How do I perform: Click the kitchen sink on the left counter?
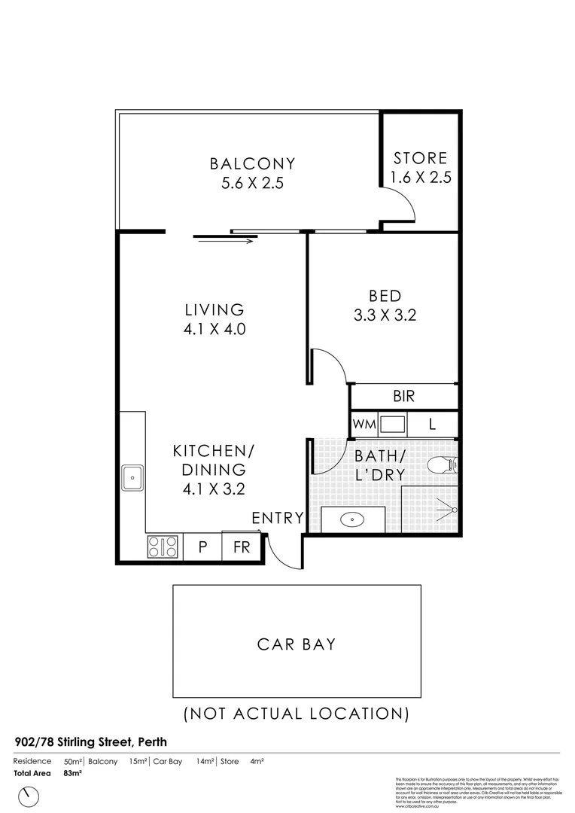(x=132, y=477)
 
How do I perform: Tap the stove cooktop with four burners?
(x=163, y=546)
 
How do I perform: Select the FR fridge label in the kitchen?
(x=241, y=547)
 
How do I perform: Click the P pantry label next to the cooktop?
(x=202, y=547)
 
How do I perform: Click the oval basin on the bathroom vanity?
(x=352, y=519)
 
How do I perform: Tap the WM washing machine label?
(x=364, y=425)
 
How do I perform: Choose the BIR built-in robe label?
(x=403, y=396)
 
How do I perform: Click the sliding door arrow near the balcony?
(x=225, y=241)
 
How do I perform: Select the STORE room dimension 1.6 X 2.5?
(x=419, y=178)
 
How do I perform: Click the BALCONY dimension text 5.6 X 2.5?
(x=252, y=183)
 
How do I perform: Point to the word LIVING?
(x=214, y=309)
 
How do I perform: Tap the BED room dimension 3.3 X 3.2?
(x=385, y=315)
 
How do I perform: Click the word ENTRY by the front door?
(x=277, y=518)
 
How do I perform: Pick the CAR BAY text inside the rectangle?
(x=297, y=644)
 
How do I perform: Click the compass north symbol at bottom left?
(x=31, y=795)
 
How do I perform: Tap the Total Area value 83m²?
(x=73, y=772)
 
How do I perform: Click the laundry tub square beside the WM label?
(x=393, y=424)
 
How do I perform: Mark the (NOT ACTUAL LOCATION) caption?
(x=297, y=713)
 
